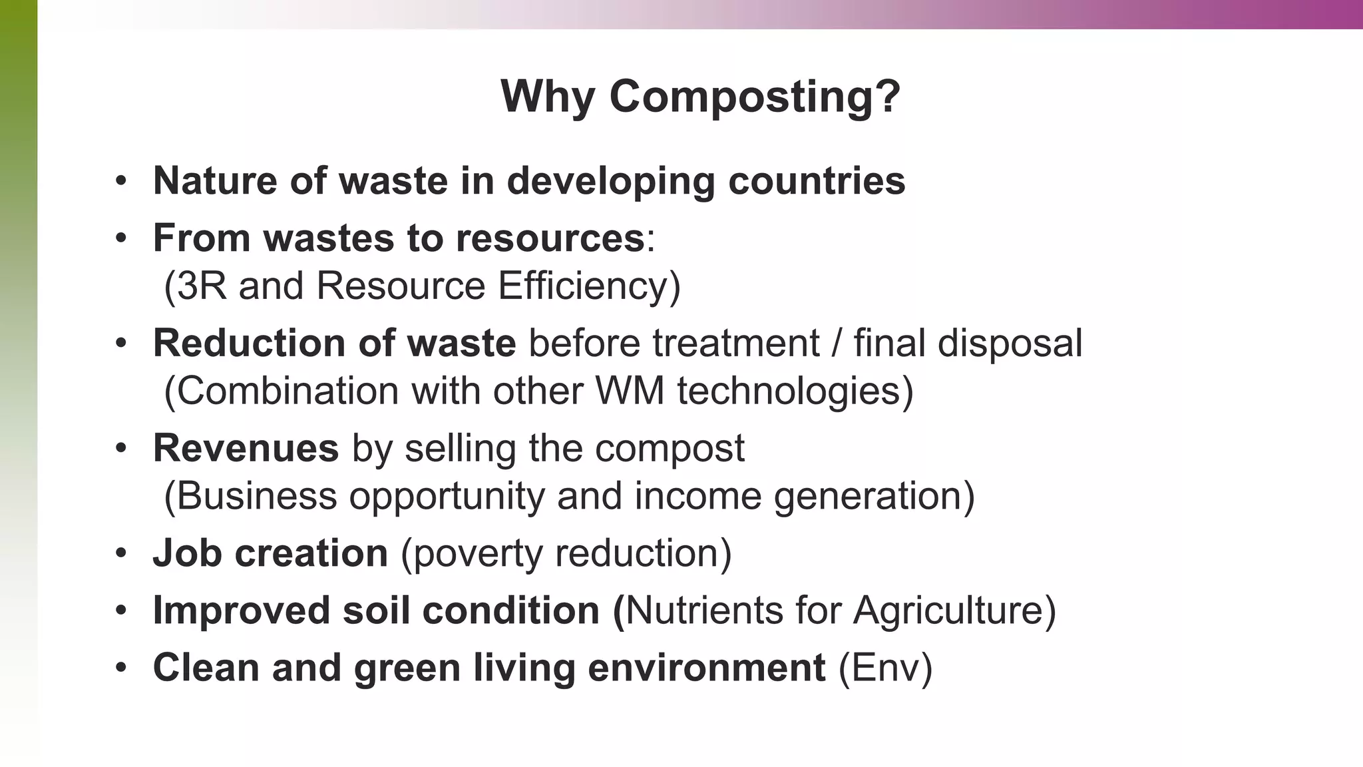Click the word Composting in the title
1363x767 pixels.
tap(755, 97)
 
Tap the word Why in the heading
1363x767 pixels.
tap(547, 97)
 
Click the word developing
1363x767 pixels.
tap(610, 182)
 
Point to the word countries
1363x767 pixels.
tap(817, 180)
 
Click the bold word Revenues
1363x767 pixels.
tap(246, 448)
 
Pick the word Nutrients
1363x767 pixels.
tap(704, 611)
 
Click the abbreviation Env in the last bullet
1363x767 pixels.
tap(885, 668)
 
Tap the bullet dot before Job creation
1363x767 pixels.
tap(120, 554)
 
